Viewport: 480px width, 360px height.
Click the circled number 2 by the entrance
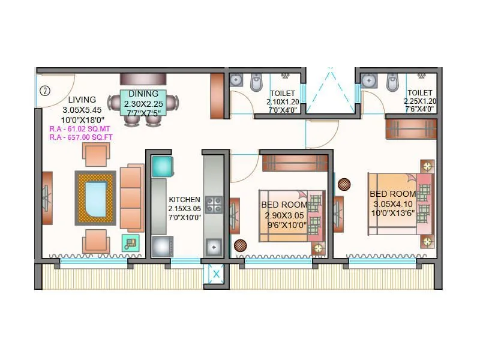coord(44,92)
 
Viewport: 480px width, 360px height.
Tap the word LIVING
coord(82,100)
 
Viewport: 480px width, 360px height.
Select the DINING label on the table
coord(143,94)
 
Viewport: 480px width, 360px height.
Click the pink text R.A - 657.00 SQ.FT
coord(82,137)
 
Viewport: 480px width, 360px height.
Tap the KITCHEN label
coord(184,200)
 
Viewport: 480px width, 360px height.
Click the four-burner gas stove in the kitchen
coord(213,205)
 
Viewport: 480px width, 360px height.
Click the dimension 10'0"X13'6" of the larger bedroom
coord(393,213)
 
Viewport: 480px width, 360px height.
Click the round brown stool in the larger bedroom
coord(344,184)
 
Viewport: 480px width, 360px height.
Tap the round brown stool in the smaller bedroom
coord(240,245)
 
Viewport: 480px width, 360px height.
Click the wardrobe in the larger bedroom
coord(411,128)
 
